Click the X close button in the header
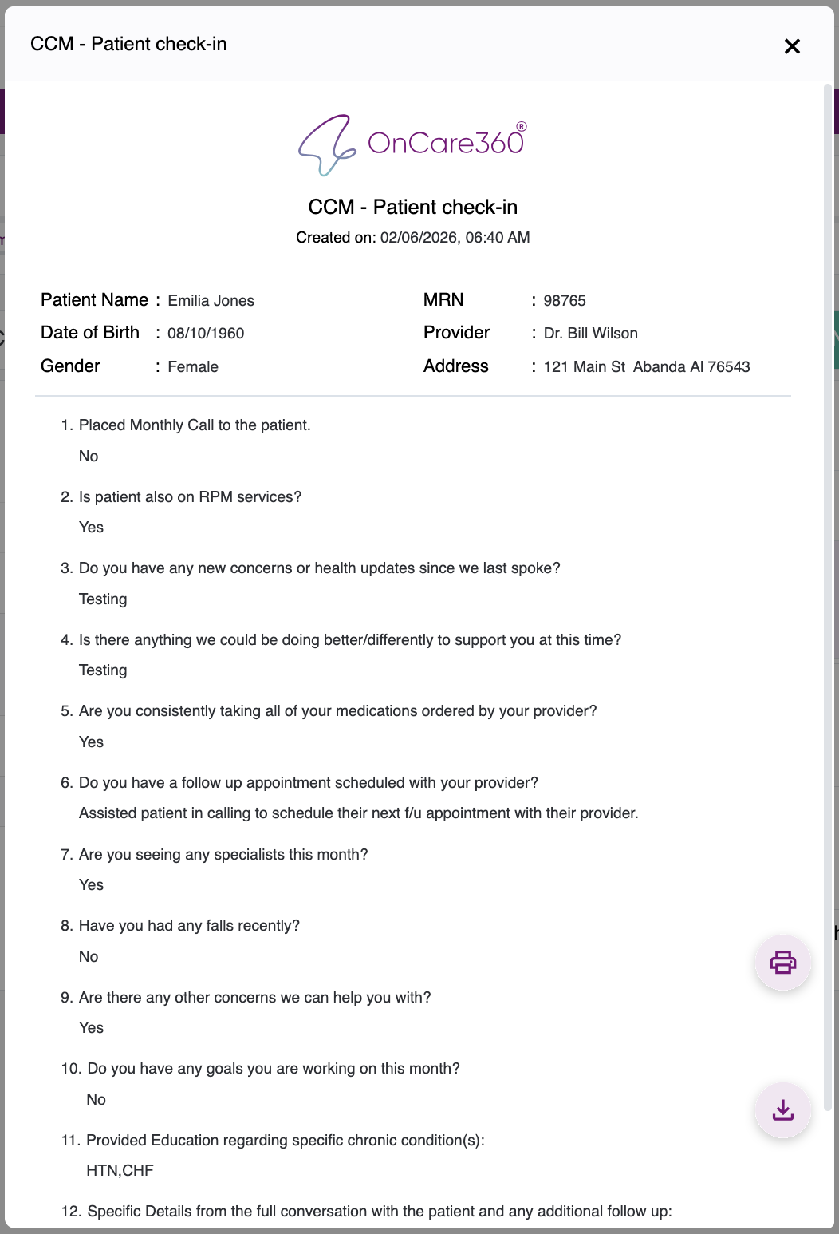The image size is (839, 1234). point(792,46)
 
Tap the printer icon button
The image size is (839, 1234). point(782,962)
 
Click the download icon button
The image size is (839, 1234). point(782,1109)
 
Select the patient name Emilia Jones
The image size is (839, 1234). point(211,301)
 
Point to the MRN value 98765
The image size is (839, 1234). point(565,301)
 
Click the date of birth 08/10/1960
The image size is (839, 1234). point(206,334)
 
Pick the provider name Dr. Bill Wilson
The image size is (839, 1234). point(590,334)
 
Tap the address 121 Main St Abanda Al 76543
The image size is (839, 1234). point(646,367)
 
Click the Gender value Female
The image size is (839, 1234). point(193,367)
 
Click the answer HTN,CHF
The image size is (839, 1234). point(120,1171)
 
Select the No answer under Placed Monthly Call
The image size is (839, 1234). point(89,457)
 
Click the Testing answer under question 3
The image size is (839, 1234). point(103,599)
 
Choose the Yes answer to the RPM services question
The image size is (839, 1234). point(91,528)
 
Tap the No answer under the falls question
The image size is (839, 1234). point(89,957)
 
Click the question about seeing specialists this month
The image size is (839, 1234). point(223,855)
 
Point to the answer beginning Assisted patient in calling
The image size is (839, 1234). point(358,813)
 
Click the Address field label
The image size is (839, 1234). point(456,366)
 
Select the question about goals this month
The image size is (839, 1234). point(273,1069)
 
